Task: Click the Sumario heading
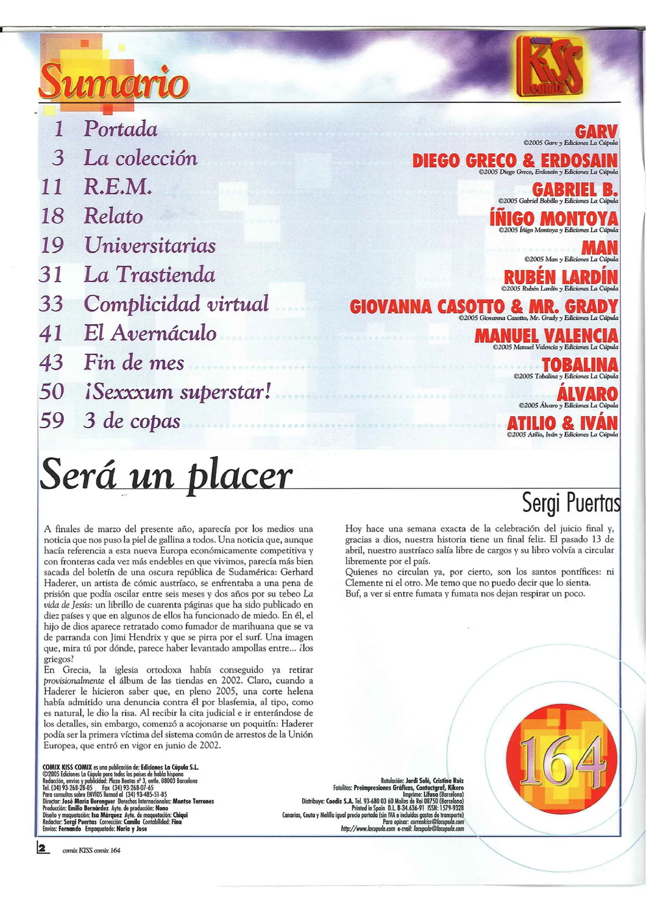pyautogui.click(x=114, y=82)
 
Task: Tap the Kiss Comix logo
pyautogui.click(x=550, y=66)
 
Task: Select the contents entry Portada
pyautogui.click(x=121, y=129)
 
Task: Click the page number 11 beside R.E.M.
pyautogui.click(x=51, y=187)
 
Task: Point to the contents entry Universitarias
pyautogui.click(x=150, y=246)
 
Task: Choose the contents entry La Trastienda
pyautogui.click(x=149, y=275)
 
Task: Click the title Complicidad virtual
pyautogui.click(x=176, y=304)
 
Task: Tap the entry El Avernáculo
pyautogui.click(x=150, y=333)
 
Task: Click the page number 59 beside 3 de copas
pyautogui.click(x=51, y=421)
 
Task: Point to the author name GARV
pyautogui.click(x=596, y=132)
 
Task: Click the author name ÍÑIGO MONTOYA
pyautogui.click(x=554, y=219)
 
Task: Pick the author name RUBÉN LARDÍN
pyautogui.click(x=561, y=277)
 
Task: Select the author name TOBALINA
pyautogui.click(x=580, y=365)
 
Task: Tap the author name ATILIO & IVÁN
pyautogui.click(x=562, y=423)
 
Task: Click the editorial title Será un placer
pyautogui.click(x=166, y=475)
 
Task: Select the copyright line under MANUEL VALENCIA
pyautogui.click(x=555, y=347)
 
